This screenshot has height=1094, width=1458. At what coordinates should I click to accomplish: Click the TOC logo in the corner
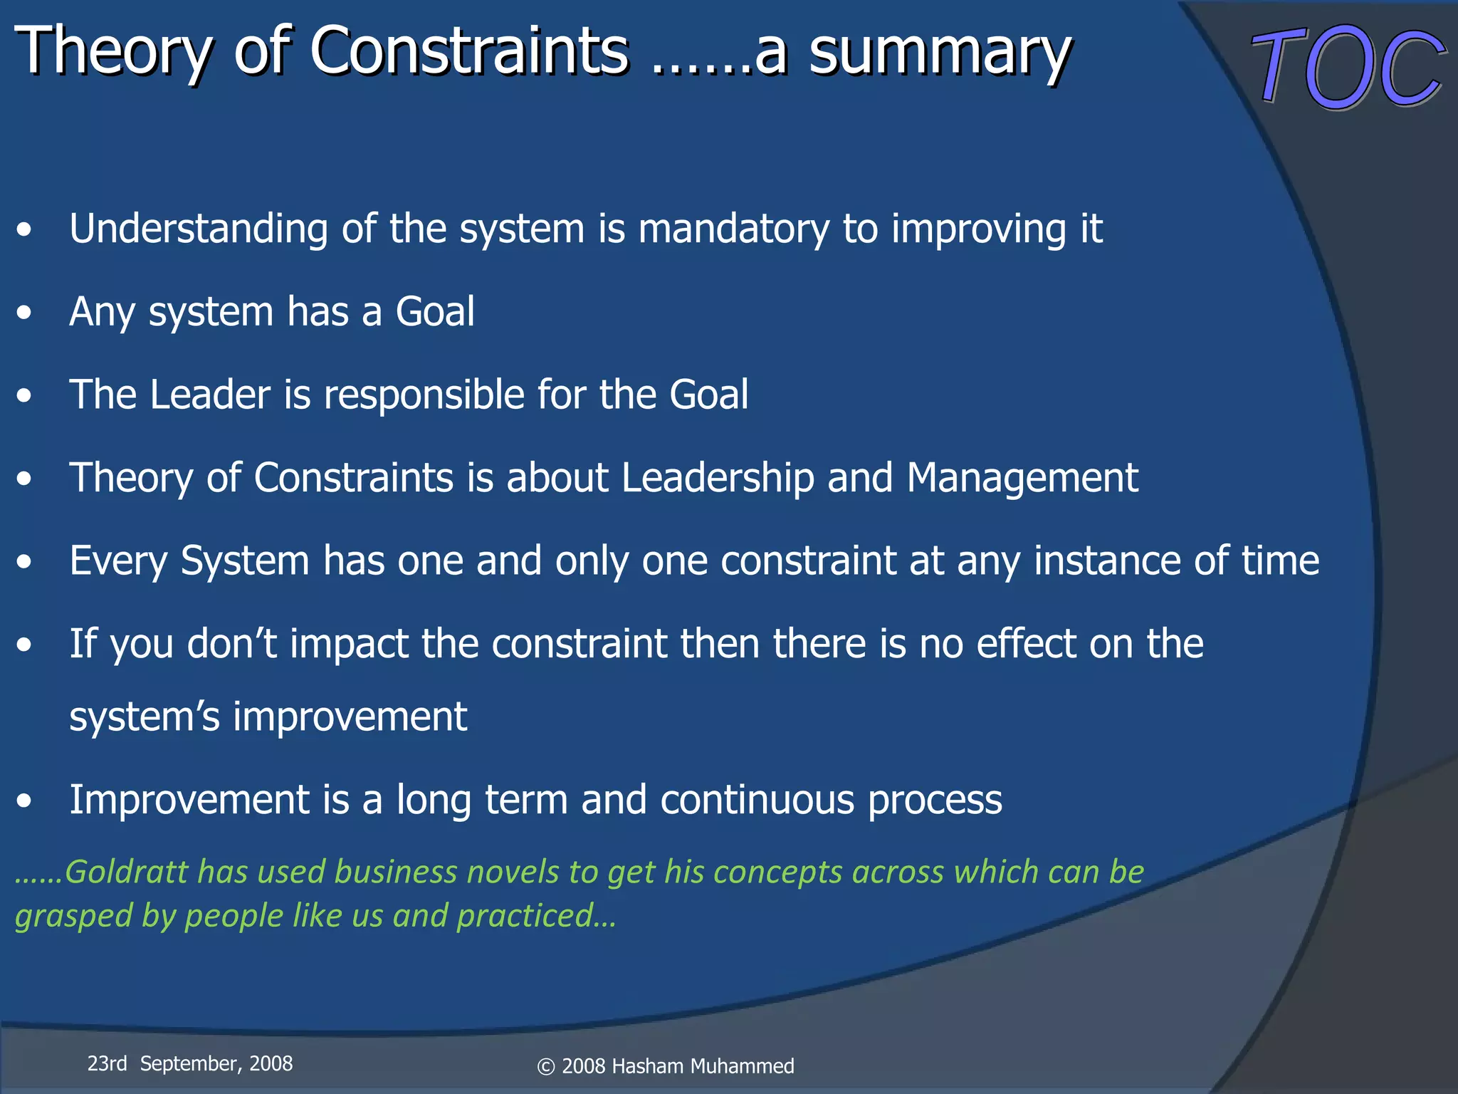pyautogui.click(x=1347, y=67)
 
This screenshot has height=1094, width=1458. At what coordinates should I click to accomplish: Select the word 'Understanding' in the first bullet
pyautogui.click(x=198, y=229)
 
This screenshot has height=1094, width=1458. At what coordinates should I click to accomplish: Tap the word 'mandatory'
pyautogui.click(x=733, y=229)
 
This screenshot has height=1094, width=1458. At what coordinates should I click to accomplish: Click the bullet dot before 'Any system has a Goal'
pyautogui.click(x=25, y=313)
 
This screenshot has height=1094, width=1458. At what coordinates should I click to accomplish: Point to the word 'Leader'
pyautogui.click(x=210, y=395)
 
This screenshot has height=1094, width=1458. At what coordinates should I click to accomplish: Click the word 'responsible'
pyautogui.click(x=424, y=396)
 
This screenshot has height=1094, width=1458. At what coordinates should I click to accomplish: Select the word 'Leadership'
pyautogui.click(x=718, y=478)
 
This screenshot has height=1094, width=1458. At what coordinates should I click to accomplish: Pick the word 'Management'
pyautogui.click(x=1022, y=478)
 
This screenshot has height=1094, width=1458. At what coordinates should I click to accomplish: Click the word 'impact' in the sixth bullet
pyautogui.click(x=348, y=645)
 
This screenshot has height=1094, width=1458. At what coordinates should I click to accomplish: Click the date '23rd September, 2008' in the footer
pyautogui.click(x=190, y=1063)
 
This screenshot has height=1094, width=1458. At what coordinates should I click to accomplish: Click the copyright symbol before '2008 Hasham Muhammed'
pyautogui.click(x=546, y=1067)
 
